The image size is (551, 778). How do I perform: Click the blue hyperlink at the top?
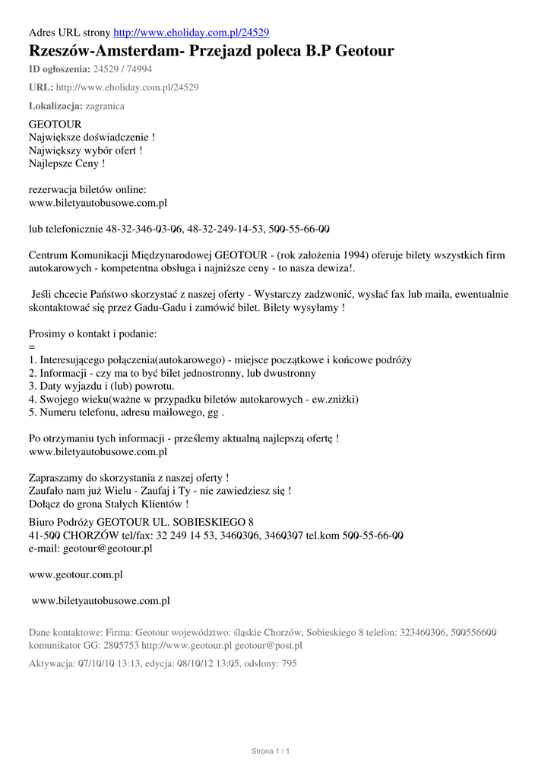click(191, 33)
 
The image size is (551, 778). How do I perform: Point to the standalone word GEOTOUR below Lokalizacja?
click(55, 124)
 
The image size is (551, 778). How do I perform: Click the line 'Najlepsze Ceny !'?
click(67, 163)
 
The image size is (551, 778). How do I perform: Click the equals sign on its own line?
click(32, 346)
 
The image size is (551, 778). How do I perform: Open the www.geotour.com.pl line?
click(76, 574)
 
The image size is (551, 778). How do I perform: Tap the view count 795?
click(288, 663)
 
